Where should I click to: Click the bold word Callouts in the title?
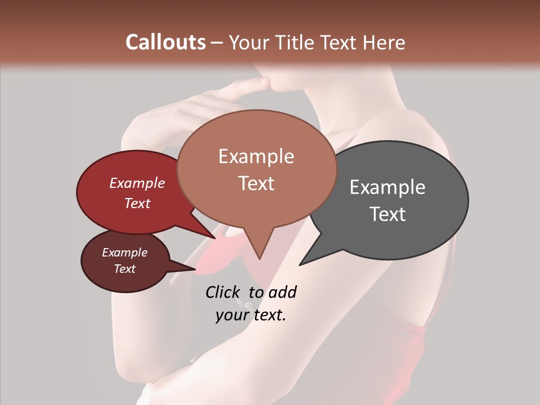coord(165,42)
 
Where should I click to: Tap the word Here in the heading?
coord(384,42)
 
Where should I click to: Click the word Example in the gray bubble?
coord(388,187)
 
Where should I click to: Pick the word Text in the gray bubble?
coord(388,214)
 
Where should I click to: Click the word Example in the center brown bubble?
coord(256,156)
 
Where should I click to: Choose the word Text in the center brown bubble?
coord(256,183)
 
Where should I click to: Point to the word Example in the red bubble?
coord(137,183)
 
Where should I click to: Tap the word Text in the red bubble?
coord(137,203)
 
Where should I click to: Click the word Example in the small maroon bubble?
coord(124,253)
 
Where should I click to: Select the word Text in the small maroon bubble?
coord(124,269)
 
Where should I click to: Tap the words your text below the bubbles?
coord(251,315)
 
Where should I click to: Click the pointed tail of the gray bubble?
coord(301,263)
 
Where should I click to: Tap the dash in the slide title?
coord(217,43)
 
